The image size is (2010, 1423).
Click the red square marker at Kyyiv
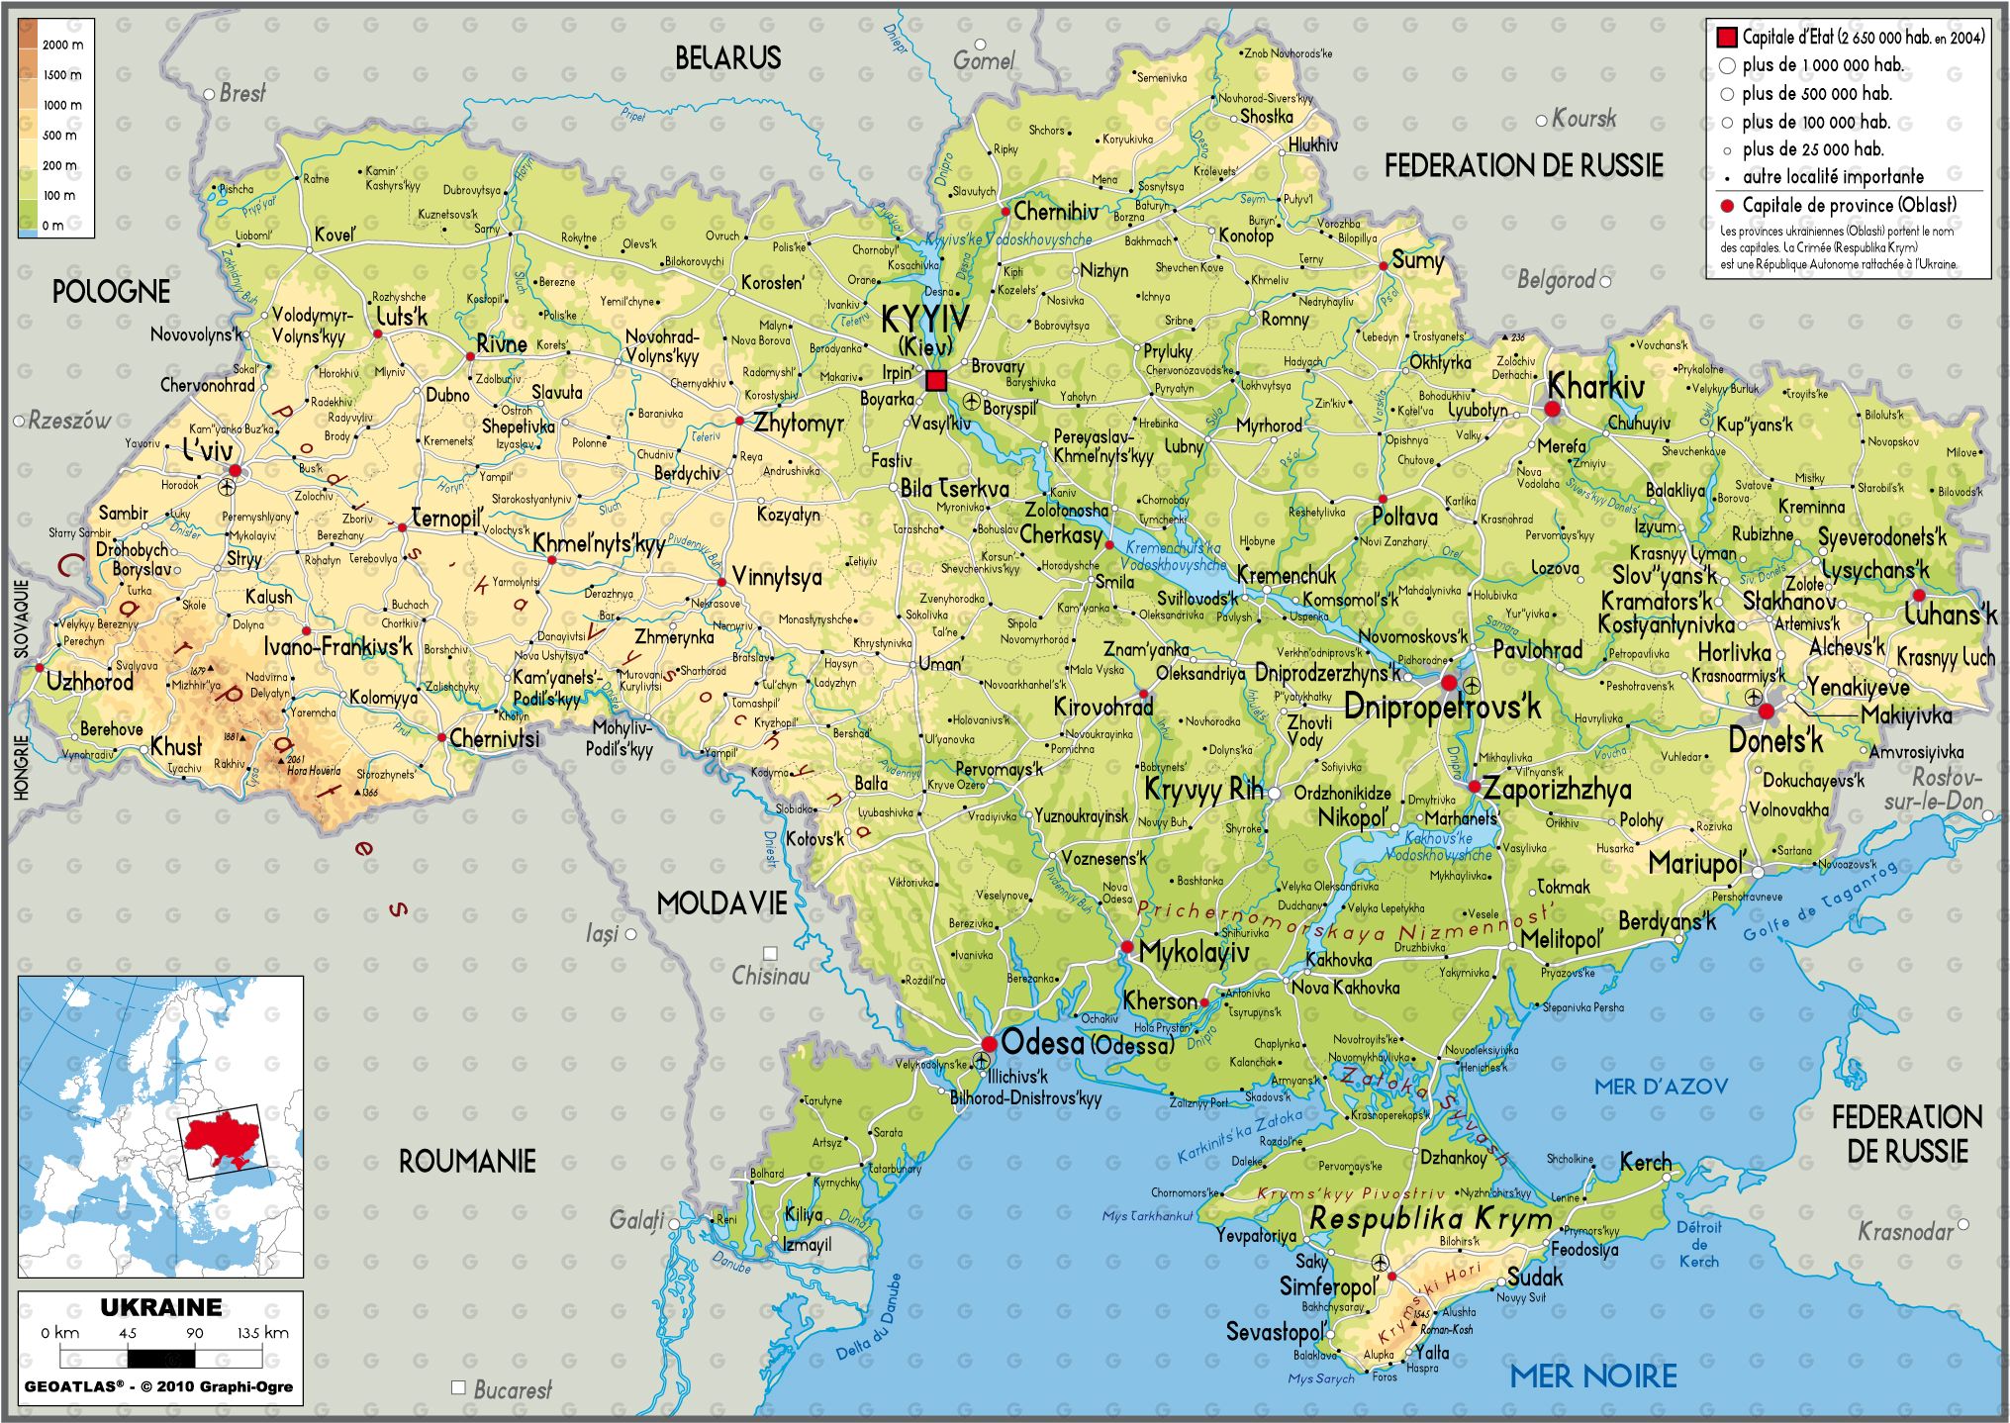[935, 381]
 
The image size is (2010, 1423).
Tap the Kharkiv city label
[1595, 386]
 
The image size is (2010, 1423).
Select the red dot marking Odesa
[989, 1044]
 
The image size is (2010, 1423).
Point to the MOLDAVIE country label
[722, 902]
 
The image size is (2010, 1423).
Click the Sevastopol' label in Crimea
[1275, 1332]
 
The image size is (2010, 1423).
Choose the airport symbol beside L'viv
[229, 487]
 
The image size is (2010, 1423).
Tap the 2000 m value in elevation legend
[62, 45]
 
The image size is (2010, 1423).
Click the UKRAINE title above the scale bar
[161, 1307]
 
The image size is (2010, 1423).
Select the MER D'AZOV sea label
[1661, 1087]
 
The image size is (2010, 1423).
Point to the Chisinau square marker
[770, 954]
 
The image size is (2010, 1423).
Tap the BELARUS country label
[727, 58]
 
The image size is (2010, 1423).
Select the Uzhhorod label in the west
[89, 682]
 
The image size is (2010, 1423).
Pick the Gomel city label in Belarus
[984, 61]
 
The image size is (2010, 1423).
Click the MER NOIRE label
[1592, 1376]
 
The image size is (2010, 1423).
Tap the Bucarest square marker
[458, 1387]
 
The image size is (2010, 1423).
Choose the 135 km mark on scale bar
[262, 1333]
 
